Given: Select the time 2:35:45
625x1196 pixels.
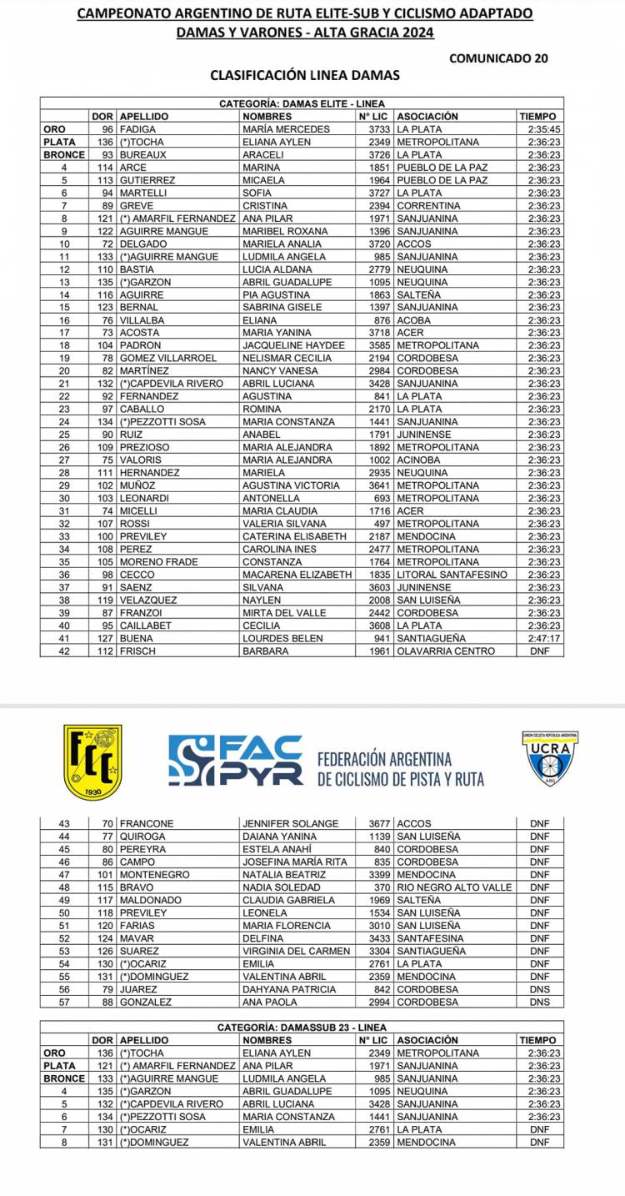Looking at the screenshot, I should [544, 129].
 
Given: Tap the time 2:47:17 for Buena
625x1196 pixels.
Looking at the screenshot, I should [544, 638].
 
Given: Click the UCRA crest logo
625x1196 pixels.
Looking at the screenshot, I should [552, 759].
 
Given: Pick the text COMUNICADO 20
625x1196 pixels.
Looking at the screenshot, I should [498, 58].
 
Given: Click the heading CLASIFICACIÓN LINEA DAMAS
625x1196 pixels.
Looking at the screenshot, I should [305, 75].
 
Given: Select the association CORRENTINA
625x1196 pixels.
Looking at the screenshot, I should [428, 205].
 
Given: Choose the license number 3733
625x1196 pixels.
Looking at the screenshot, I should [379, 129].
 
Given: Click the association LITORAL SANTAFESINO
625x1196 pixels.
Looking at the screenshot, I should [452, 575].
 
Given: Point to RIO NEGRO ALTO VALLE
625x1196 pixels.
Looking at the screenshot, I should [454, 887].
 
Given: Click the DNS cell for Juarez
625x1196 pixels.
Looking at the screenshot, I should [539, 989].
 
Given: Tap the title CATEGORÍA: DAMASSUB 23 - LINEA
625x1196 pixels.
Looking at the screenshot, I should [302, 1028].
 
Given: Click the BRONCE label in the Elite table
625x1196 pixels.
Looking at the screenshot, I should [64, 154].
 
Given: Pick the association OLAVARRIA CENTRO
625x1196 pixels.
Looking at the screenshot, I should [446, 651].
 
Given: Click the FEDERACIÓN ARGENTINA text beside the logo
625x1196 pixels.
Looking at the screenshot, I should [384, 759].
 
